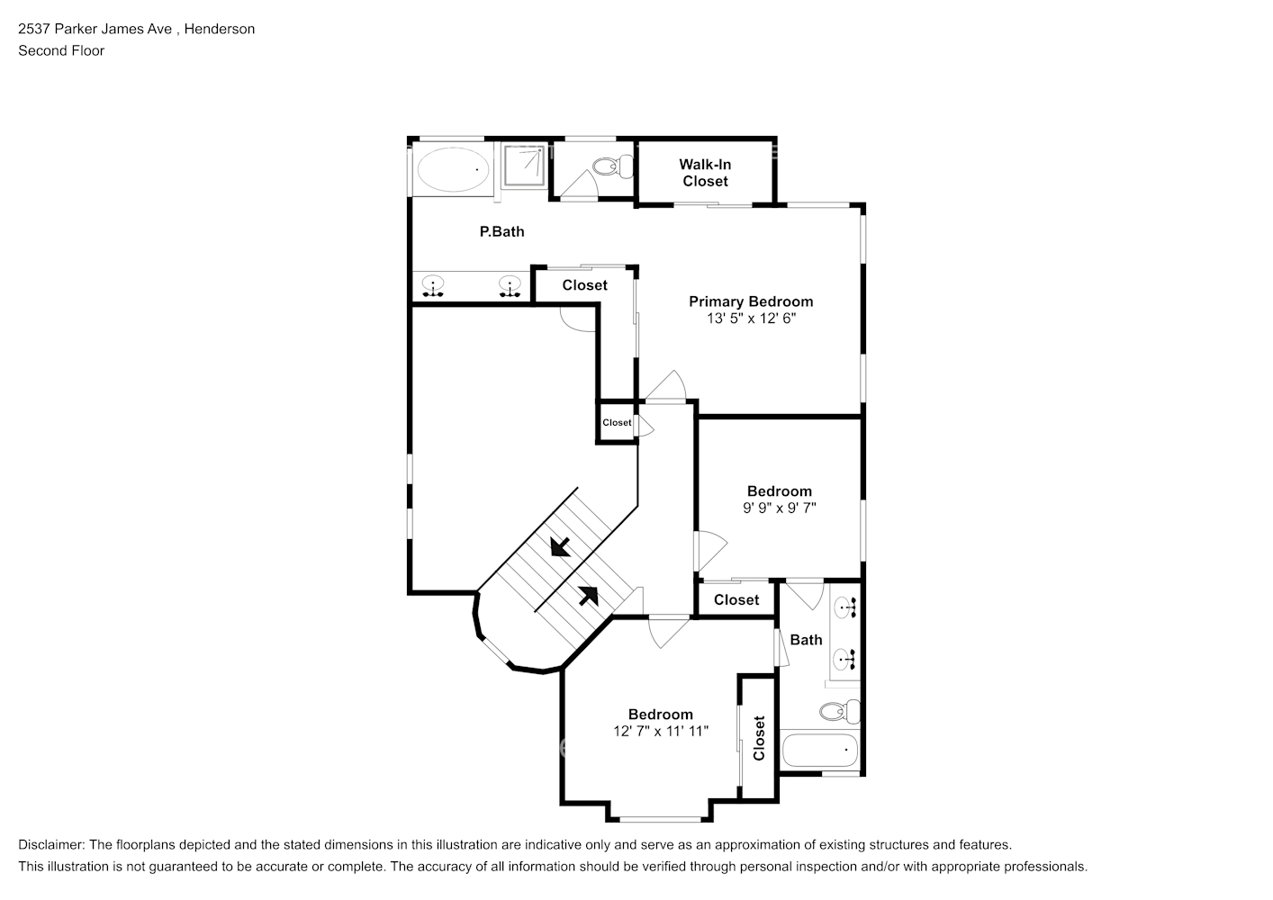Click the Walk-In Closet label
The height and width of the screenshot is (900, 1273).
tap(705, 173)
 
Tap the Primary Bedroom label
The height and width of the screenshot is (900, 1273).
tap(751, 301)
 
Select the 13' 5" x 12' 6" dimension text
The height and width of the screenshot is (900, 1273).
tap(751, 319)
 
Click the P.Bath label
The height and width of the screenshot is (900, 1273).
tap(501, 231)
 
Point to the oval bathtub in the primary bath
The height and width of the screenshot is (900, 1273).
tap(452, 168)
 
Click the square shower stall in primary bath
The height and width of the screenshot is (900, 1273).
tap(523, 165)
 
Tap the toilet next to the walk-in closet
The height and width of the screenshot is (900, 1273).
tap(613, 166)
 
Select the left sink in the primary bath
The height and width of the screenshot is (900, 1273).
tap(433, 287)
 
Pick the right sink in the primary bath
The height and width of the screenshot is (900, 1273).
tap(510, 287)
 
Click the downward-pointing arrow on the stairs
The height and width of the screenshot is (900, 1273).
tap(559, 546)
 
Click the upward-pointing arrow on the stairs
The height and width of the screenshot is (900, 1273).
tap(588, 595)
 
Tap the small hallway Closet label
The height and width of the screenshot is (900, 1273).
tap(617, 422)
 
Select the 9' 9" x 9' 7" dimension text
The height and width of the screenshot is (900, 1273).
tap(779, 508)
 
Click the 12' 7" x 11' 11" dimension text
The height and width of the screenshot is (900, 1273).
tap(661, 731)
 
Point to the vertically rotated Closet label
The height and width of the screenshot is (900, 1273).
tap(759, 738)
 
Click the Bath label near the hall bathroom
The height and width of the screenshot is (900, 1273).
tap(806, 640)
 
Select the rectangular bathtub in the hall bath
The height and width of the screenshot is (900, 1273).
tap(820, 750)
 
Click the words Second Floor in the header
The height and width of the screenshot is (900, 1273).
tap(61, 50)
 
